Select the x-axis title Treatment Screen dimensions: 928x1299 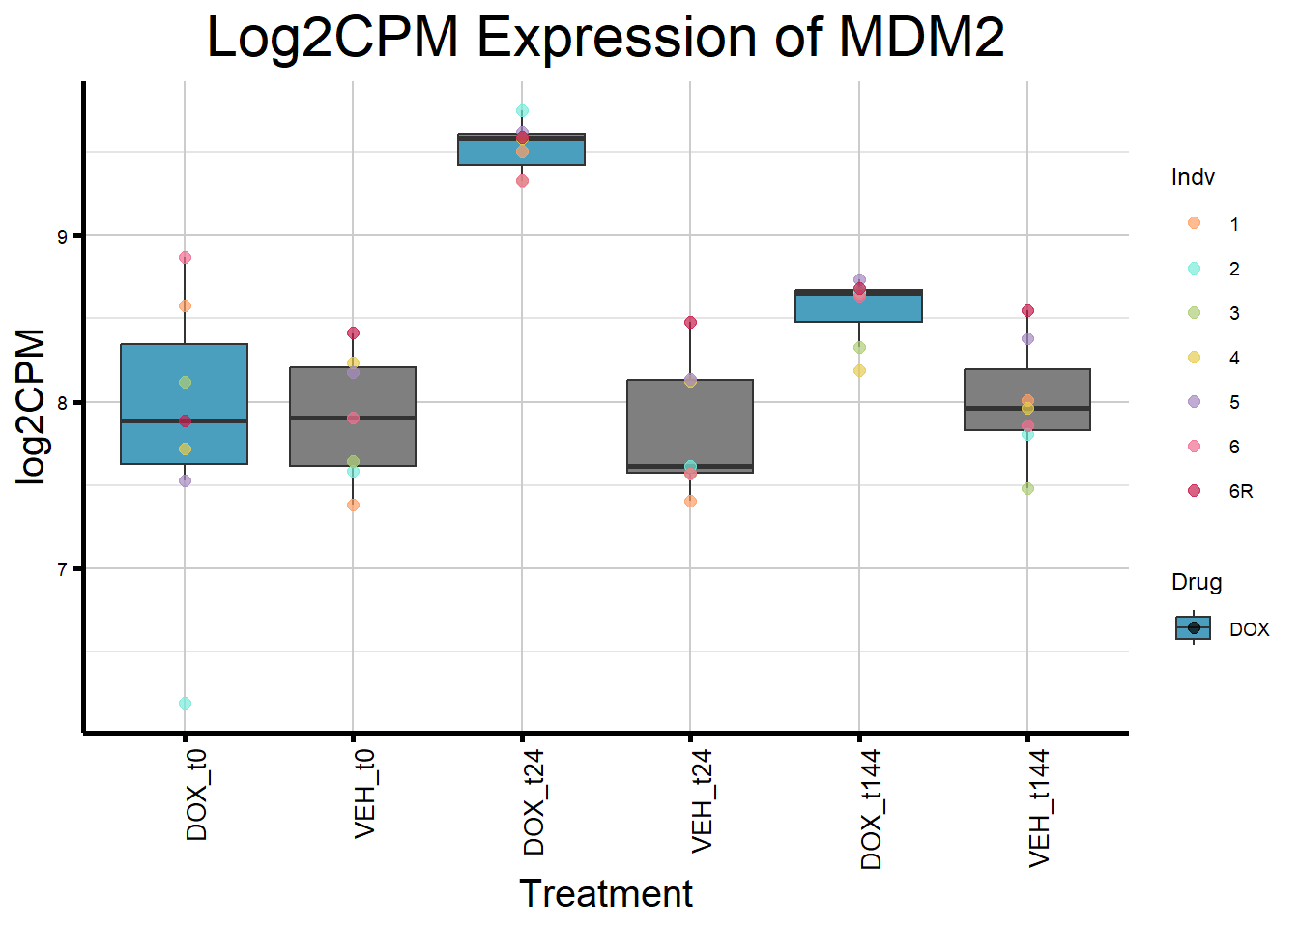click(606, 893)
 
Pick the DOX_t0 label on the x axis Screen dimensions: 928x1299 click(196, 795)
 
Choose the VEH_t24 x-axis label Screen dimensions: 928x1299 click(703, 800)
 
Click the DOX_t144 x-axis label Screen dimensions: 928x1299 click(871, 808)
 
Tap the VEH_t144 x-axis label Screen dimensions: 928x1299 click(1039, 808)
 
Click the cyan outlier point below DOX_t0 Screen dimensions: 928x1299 click(185, 703)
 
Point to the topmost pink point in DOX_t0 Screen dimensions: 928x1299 click(185, 258)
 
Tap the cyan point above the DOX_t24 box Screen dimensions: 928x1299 click(522, 110)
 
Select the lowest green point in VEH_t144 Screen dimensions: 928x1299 click(1027, 488)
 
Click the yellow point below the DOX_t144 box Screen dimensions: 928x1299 click(859, 370)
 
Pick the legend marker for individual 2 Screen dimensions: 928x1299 click(1195, 269)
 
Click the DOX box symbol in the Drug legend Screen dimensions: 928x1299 click(1194, 628)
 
